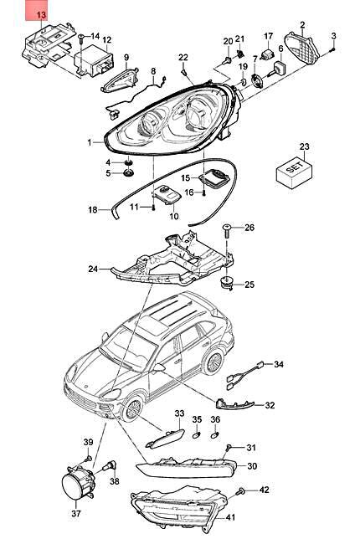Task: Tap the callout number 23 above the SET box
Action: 304,147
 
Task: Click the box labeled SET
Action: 293,170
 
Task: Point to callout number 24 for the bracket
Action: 93,269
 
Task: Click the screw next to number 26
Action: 228,228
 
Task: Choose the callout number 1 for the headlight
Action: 90,142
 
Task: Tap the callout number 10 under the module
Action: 174,216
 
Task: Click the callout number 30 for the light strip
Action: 252,467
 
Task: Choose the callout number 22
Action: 183,56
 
